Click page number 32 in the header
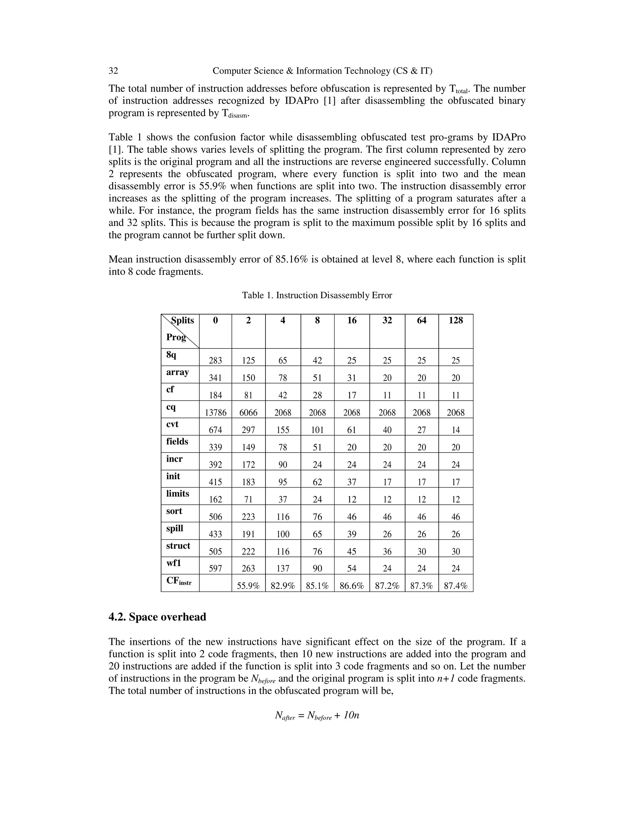coord(113,71)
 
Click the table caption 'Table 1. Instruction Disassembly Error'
coord(317,295)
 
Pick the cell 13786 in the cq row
coord(215,412)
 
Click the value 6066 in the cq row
coord(248,412)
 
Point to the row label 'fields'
coord(177,441)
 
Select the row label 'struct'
coord(178,546)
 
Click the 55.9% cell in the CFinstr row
coord(248,586)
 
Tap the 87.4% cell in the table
coord(455,586)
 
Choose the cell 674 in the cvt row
coord(215,430)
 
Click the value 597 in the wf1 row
coord(215,568)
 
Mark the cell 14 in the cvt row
coord(455,430)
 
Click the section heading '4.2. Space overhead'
coord(157,617)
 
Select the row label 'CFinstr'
coord(178,581)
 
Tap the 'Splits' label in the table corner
coord(182,321)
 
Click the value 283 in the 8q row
coord(215,360)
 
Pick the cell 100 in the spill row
coord(283,534)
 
